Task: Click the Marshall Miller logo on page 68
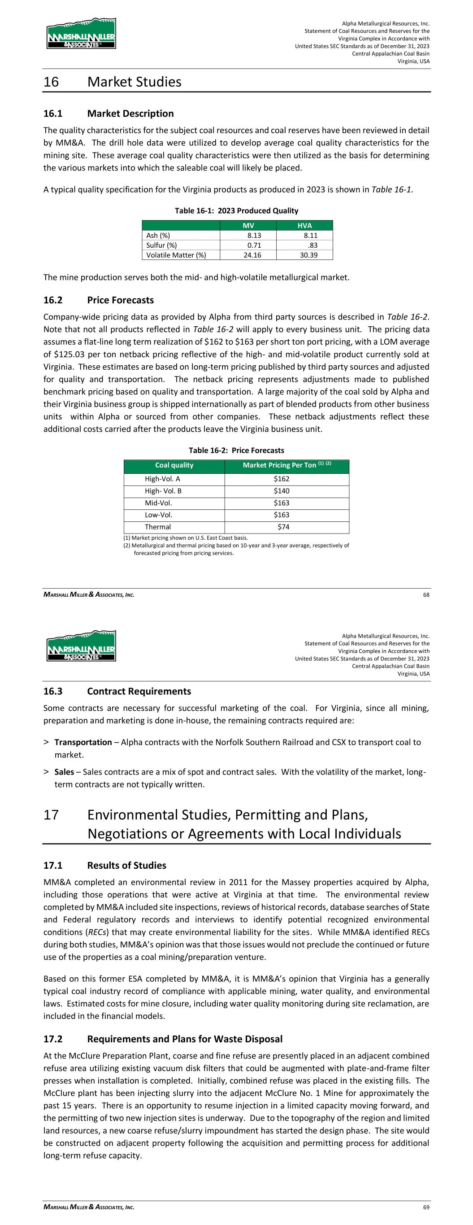(x=81, y=33)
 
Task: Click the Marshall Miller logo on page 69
(x=81, y=646)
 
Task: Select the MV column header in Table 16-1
(x=248, y=225)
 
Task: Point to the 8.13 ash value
(x=254, y=236)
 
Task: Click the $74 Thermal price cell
(x=283, y=527)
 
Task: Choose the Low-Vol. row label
(x=158, y=515)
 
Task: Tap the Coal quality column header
(x=174, y=465)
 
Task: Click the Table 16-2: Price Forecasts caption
(x=236, y=451)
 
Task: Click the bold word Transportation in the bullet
(x=83, y=742)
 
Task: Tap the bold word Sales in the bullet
(x=64, y=772)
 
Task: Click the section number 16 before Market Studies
(x=51, y=82)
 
